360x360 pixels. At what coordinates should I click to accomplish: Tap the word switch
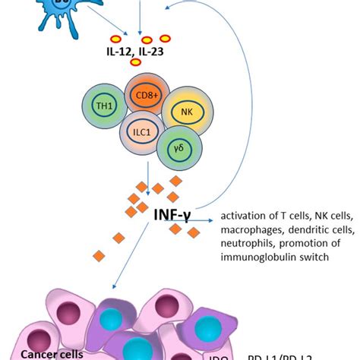coord(314,257)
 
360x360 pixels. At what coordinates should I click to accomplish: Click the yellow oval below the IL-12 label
coord(135,62)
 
